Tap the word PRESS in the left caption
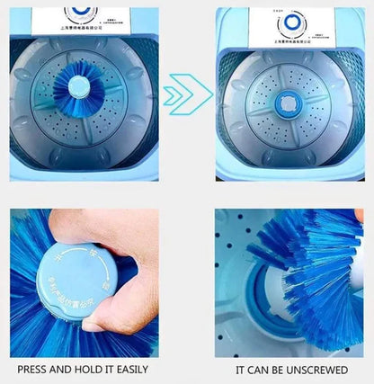35,369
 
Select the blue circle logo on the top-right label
292,22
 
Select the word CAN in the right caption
259,369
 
